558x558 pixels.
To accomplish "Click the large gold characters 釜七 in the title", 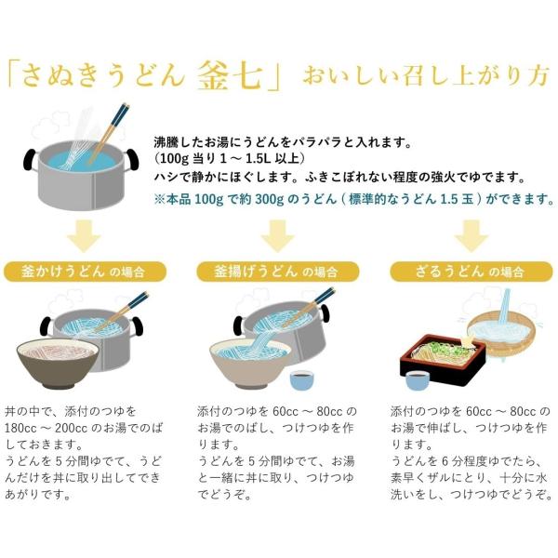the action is coord(231,75).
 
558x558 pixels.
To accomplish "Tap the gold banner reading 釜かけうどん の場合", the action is coord(85,272).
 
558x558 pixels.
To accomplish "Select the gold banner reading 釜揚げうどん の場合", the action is coord(278,272).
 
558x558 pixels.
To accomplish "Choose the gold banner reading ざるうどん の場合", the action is coord(472,272).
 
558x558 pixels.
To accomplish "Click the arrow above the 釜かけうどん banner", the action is coord(84,236).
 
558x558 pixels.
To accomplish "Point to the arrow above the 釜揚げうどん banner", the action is coord(277,236).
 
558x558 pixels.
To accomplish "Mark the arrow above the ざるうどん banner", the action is coord(472,236).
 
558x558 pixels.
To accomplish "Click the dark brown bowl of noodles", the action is coord(58,364).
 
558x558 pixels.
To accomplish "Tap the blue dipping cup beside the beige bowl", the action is coord(302,380).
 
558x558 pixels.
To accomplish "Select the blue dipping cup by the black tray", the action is coord(418,380).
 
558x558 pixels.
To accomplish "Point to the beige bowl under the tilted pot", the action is coord(250,364).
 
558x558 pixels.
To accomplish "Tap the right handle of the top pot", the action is coord(131,159).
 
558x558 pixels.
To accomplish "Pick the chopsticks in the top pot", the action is coord(109,132).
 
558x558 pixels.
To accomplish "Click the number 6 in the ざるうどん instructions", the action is coord(445,461).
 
